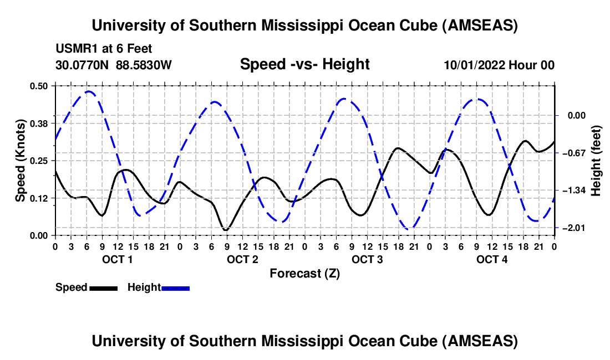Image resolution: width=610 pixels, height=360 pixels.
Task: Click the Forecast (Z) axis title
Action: (x=304, y=274)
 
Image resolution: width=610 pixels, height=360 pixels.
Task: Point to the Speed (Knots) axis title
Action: (x=21, y=161)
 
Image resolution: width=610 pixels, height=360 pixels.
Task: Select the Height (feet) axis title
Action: (x=596, y=161)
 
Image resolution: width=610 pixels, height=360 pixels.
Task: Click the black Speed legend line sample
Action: (x=103, y=288)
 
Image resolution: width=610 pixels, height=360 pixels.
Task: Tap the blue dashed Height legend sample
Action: (x=176, y=288)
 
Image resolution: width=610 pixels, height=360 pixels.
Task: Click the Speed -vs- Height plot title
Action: (x=304, y=64)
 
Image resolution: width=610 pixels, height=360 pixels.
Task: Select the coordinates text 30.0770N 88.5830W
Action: (x=114, y=65)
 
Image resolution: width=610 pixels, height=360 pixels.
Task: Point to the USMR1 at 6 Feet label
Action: (x=104, y=49)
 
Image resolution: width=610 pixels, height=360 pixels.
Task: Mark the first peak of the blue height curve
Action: (x=88, y=91)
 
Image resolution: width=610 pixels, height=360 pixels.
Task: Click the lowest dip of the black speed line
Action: (x=225, y=229)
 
